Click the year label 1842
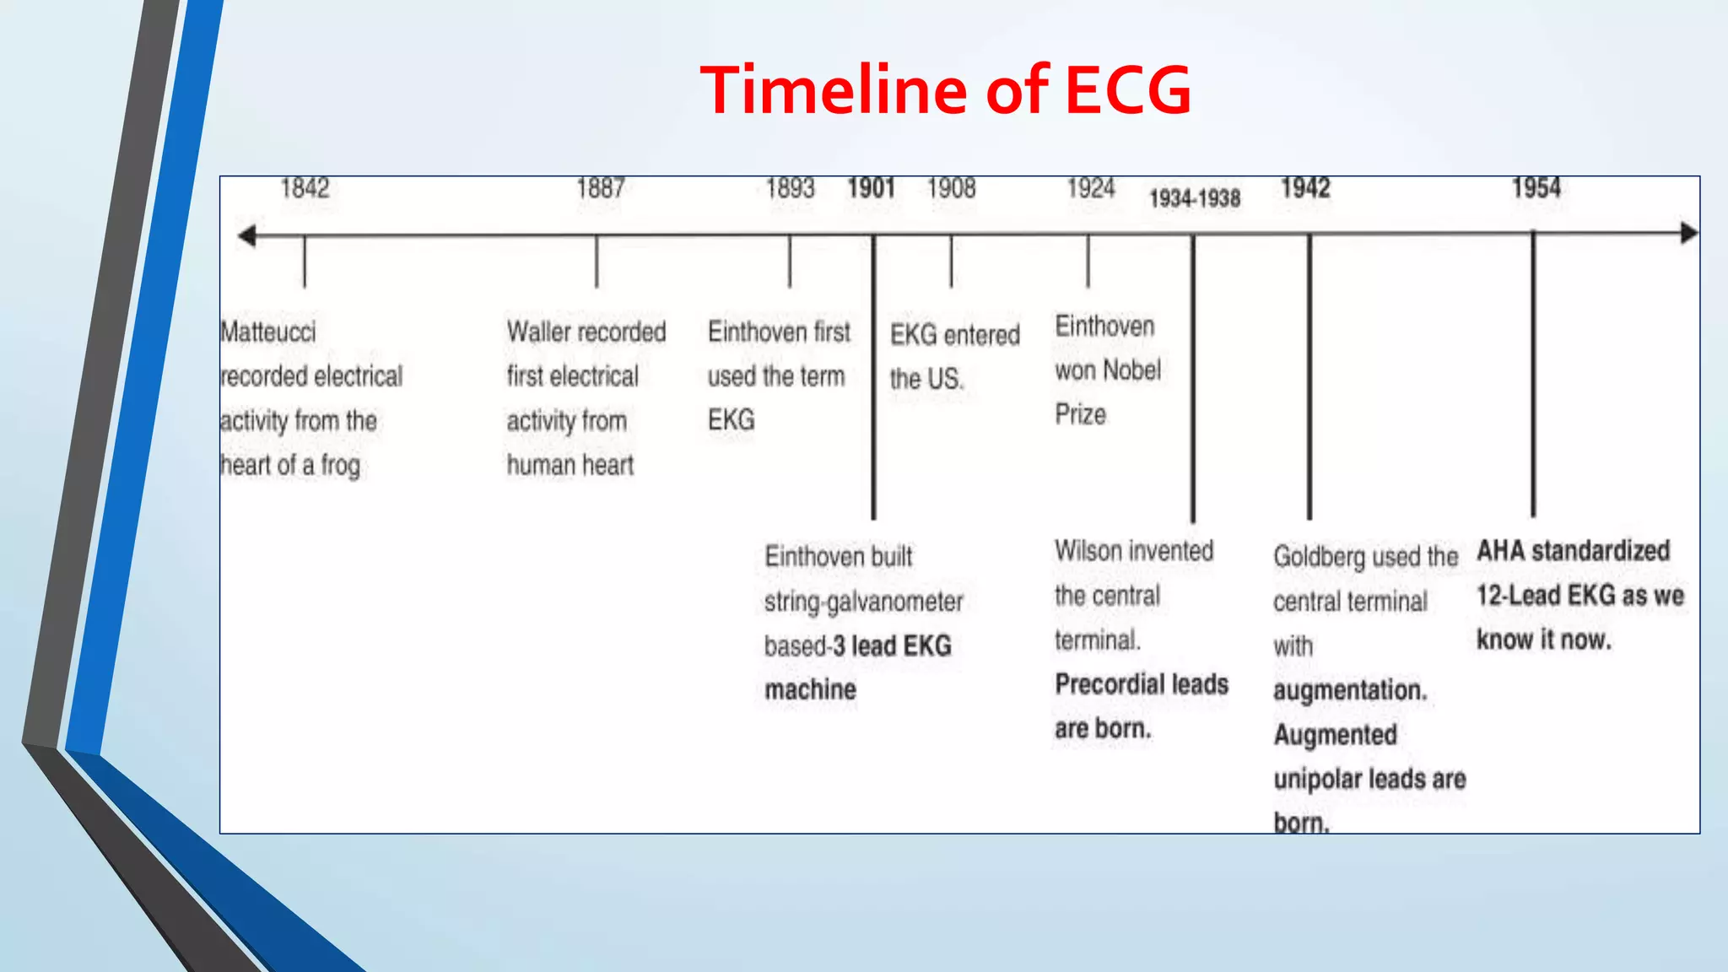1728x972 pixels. [305, 187]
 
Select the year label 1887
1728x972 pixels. [600, 187]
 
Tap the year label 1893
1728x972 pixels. [790, 187]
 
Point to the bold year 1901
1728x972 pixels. [871, 187]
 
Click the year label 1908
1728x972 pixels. [951, 187]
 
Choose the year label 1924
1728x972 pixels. [1090, 187]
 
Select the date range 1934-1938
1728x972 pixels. [1195, 198]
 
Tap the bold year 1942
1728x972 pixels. [1305, 187]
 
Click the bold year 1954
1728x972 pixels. [1536, 187]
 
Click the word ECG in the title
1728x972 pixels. [1127, 89]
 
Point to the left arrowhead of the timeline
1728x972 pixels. [246, 235]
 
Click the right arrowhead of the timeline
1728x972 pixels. [1688, 233]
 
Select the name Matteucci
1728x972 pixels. [268, 332]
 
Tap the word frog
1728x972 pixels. [340, 465]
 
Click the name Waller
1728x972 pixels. [540, 332]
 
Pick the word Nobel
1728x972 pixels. [1131, 370]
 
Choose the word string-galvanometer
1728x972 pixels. [863, 602]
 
